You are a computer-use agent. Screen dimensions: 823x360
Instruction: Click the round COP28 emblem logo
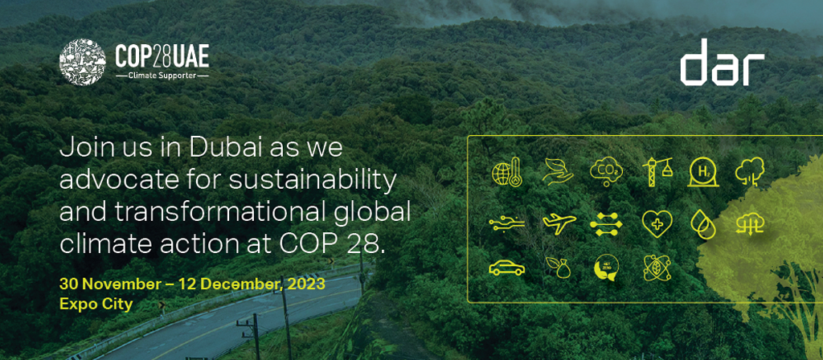pyautogui.click(x=83, y=61)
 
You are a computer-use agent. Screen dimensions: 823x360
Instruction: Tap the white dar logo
pyautogui.click(x=723, y=62)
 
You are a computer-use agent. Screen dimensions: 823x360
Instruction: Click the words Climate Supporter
pyautogui.click(x=162, y=76)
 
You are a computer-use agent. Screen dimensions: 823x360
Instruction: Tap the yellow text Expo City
pyautogui.click(x=96, y=303)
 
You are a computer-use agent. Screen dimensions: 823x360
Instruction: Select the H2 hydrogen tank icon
pyautogui.click(x=702, y=172)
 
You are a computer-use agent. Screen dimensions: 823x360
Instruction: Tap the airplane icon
pyautogui.click(x=559, y=223)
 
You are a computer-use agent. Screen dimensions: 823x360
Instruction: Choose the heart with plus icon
pyautogui.click(x=657, y=225)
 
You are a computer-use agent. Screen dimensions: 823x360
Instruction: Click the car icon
pyautogui.click(x=506, y=268)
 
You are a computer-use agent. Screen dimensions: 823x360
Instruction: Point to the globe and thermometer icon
pyautogui.click(x=506, y=173)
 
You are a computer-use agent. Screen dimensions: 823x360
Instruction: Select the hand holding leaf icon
pyautogui.click(x=558, y=172)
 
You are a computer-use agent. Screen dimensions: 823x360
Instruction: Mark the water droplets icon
pyautogui.click(x=702, y=225)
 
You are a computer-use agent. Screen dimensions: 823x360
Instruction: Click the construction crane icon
pyautogui.click(x=657, y=172)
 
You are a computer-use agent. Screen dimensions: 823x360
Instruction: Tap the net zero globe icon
pyautogui.click(x=606, y=268)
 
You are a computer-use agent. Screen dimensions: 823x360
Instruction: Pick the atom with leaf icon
pyautogui.click(x=657, y=268)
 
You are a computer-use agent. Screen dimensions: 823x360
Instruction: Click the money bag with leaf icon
pyautogui.click(x=558, y=267)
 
